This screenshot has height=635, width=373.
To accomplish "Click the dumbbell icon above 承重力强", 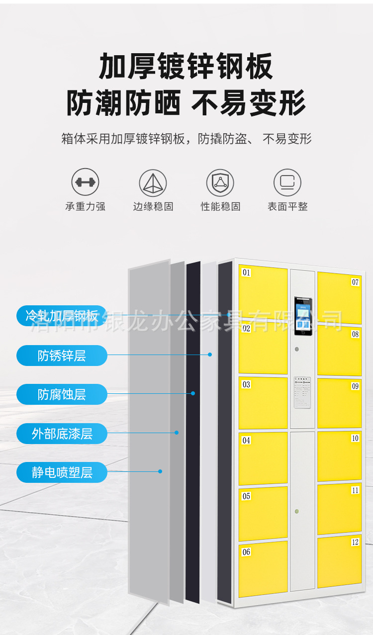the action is point(85,182).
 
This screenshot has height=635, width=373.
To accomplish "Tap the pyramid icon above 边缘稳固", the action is point(153,182).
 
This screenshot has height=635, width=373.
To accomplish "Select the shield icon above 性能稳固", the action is point(220,182).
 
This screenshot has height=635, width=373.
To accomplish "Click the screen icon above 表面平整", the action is point(287,182).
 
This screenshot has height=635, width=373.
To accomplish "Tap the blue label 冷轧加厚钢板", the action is point(62,316).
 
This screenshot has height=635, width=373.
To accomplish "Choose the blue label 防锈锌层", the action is point(62,356).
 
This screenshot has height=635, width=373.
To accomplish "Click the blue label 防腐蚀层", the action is point(62,394).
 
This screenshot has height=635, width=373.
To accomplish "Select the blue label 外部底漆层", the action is point(62,433).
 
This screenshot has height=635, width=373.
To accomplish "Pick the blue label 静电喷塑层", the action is point(62,472).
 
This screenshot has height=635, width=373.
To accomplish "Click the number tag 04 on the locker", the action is point(246,440).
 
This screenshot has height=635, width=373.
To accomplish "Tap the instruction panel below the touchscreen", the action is point(302,392).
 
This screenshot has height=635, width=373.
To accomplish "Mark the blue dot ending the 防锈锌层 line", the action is point(210,355).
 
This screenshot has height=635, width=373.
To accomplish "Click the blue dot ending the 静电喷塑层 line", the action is point(160,471).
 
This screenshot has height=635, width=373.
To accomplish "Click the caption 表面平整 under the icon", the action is point(287,206).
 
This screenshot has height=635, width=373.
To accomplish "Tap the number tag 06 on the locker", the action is point(246,552).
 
